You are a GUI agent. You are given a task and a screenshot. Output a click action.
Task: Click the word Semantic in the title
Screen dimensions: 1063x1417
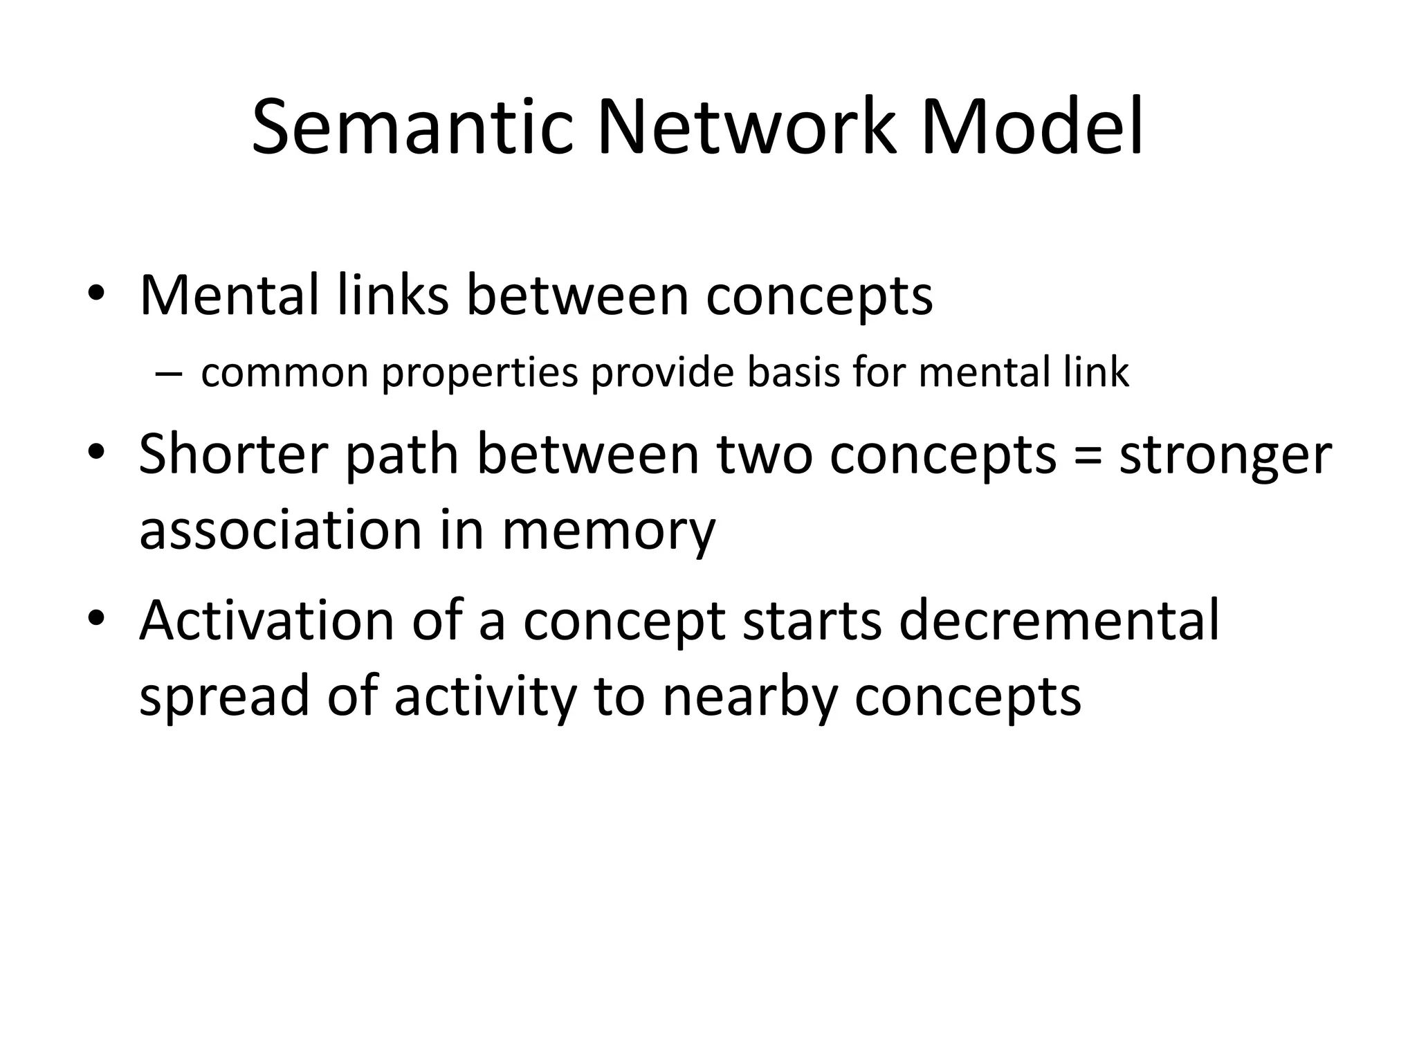coord(412,129)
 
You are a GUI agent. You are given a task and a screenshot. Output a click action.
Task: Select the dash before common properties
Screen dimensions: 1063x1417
coord(168,374)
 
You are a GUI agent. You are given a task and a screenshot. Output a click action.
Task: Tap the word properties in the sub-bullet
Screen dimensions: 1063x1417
coord(479,374)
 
